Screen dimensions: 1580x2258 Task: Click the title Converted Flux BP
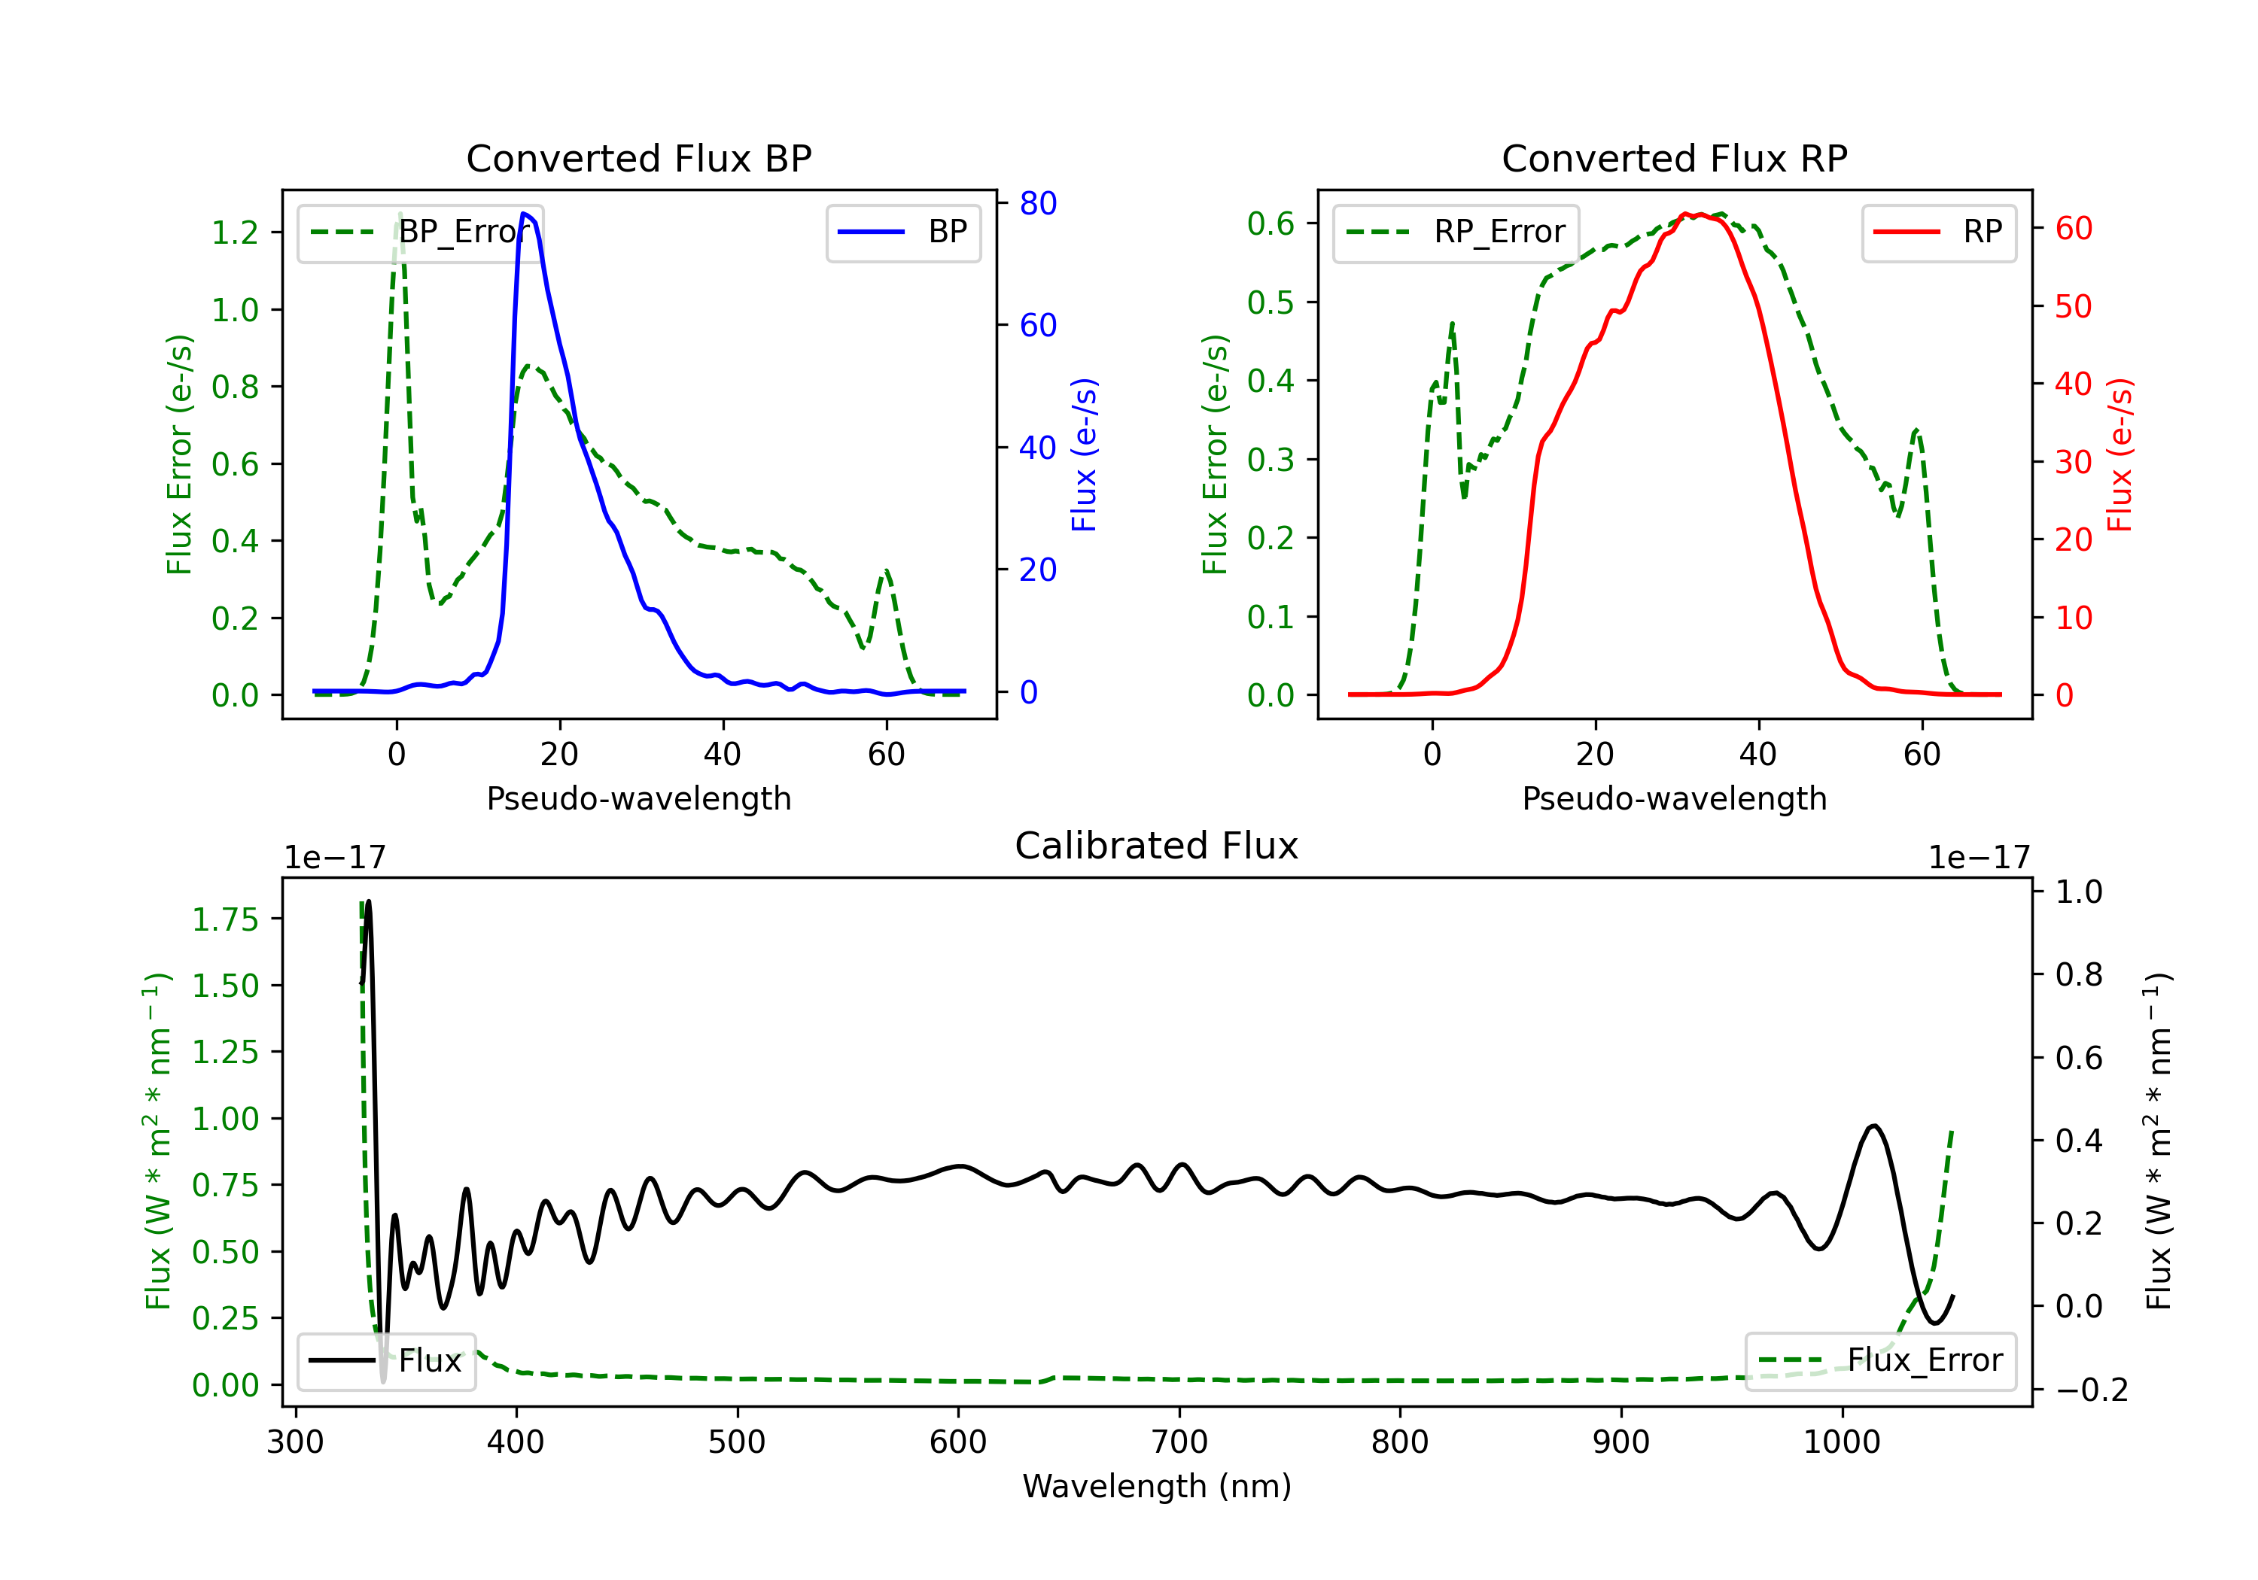638,158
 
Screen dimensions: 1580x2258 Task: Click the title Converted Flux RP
1674,158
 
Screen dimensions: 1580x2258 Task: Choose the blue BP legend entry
902,232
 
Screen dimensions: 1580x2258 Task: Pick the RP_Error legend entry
1456,232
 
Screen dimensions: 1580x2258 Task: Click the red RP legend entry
1938,232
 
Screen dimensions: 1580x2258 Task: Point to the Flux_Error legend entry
1879,1361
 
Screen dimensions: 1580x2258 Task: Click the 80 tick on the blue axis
1037,204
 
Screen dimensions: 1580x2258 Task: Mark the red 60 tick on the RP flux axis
2073,229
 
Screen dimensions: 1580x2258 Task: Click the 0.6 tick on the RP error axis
1271,224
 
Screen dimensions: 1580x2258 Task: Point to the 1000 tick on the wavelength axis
1841,1442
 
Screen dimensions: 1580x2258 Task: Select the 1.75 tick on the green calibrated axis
224,919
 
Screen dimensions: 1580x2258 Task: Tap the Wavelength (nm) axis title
1157,1486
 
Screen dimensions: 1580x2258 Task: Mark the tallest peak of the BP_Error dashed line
399,214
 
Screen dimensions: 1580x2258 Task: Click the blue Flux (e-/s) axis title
1083,455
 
